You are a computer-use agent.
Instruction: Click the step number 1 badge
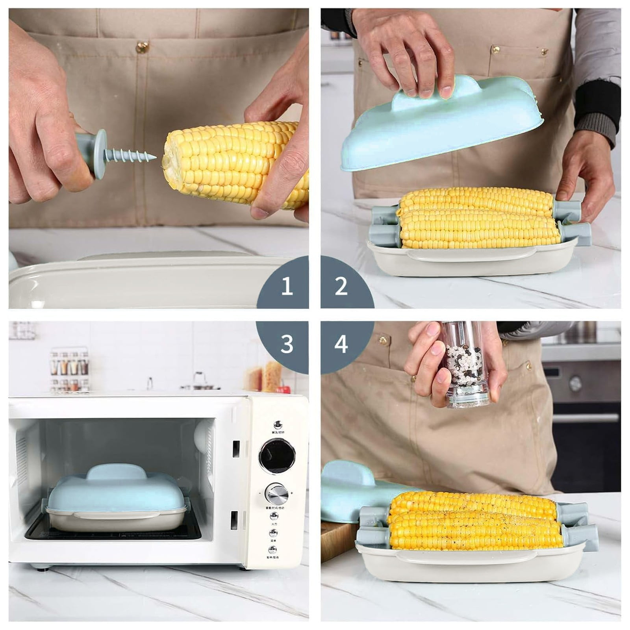[x=287, y=286]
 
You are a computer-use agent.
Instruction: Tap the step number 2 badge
[x=341, y=286]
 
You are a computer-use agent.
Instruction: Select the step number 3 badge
[x=287, y=343]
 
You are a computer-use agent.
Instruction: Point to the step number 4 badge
[x=341, y=343]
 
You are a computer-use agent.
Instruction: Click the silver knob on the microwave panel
[x=275, y=492]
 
